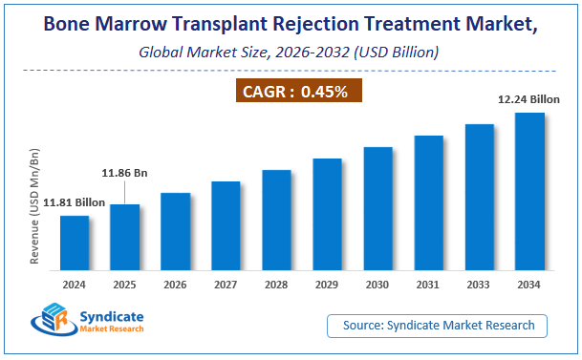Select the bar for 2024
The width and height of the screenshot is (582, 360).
point(75,243)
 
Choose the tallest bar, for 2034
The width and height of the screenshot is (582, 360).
point(530,191)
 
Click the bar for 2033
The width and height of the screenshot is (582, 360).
point(480,197)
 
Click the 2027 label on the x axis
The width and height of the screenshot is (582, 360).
point(226,284)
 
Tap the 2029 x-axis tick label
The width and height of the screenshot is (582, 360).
point(328,284)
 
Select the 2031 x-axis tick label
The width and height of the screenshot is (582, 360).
point(429,284)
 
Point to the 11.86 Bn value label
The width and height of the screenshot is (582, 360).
point(125,174)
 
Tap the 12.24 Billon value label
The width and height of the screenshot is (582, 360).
point(527,98)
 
